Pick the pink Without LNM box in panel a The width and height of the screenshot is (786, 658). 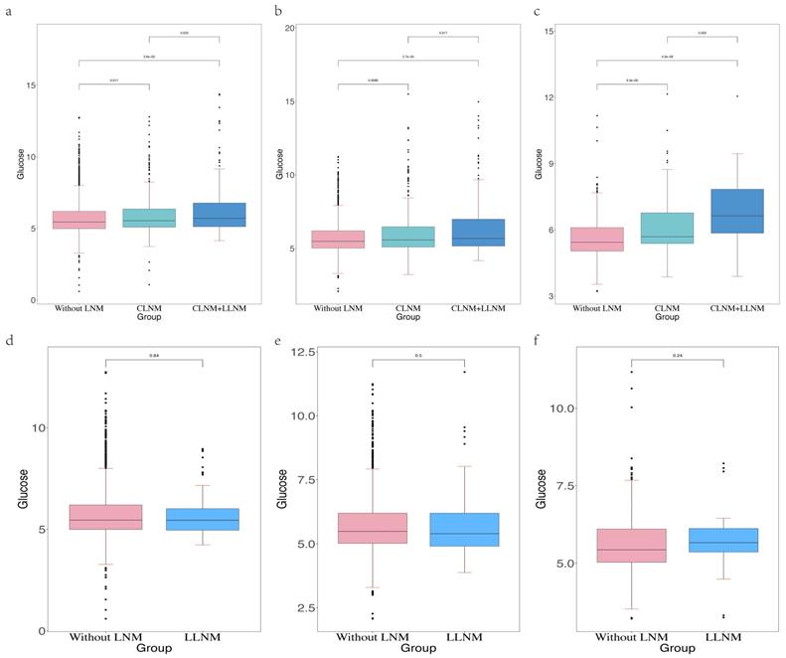pyautogui.click(x=79, y=220)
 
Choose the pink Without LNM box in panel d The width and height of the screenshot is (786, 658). pyautogui.click(x=104, y=516)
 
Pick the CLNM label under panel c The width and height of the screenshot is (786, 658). pyautogui.click(x=667, y=308)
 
